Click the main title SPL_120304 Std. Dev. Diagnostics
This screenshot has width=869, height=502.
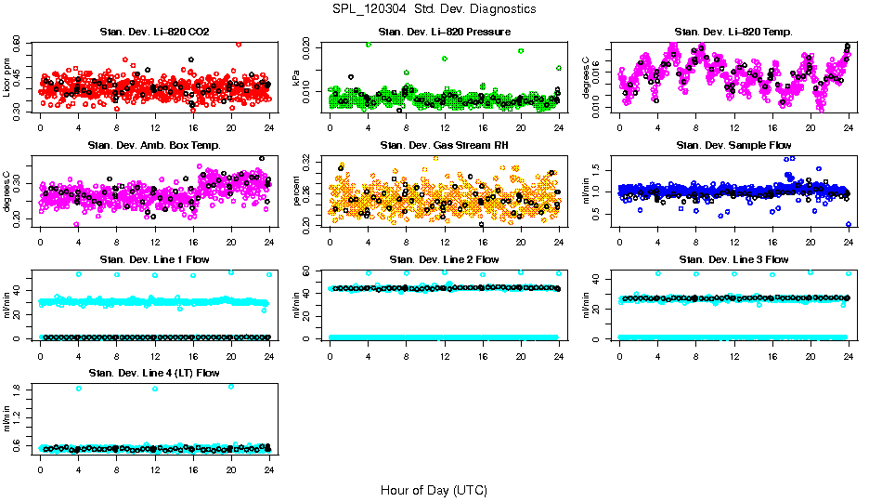click(x=434, y=9)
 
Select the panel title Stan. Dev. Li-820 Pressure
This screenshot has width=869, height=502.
click(x=444, y=33)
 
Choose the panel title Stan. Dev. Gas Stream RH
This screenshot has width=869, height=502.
click(x=444, y=146)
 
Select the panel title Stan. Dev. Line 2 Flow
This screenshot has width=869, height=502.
click(x=444, y=259)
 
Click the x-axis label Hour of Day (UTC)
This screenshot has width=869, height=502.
click(x=434, y=490)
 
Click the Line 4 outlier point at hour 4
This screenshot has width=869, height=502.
click(x=78, y=389)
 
